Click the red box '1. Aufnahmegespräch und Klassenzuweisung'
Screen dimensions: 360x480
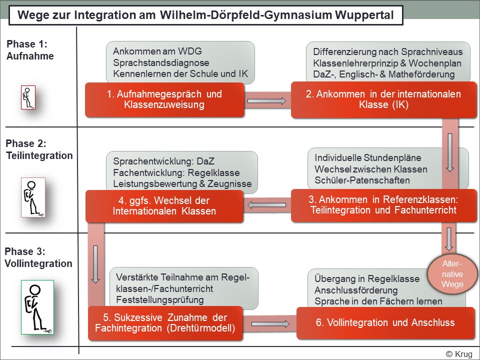pyautogui.click(x=165, y=99)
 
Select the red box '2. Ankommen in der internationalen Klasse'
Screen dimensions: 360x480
pyautogui.click(x=384, y=100)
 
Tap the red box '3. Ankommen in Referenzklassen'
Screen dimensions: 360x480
pyautogui.click(x=384, y=204)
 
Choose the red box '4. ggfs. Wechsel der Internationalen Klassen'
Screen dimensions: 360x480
pyautogui.click(x=164, y=205)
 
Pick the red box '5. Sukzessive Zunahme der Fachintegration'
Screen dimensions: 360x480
pyautogui.click(x=165, y=323)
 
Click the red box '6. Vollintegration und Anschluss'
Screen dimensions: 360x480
pyautogui.click(x=385, y=323)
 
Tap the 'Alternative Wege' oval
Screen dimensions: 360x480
pyautogui.click(x=452, y=274)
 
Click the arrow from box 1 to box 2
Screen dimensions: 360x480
pyautogui.click(x=267, y=101)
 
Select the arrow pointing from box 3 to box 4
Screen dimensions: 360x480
pyautogui.click(x=267, y=204)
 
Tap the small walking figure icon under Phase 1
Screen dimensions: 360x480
pyautogui.click(x=28, y=97)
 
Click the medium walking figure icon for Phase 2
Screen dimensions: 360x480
pyautogui.click(x=33, y=197)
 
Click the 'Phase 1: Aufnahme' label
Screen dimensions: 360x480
pyautogui.click(x=30, y=50)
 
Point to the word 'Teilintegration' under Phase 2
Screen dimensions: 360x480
pyautogui.click(x=39, y=155)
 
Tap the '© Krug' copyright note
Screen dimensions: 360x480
pyautogui.click(x=459, y=354)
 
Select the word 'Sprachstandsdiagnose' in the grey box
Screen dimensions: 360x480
pyautogui.click(x=161, y=63)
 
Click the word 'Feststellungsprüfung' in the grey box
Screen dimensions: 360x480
pyautogui.click(x=159, y=300)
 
